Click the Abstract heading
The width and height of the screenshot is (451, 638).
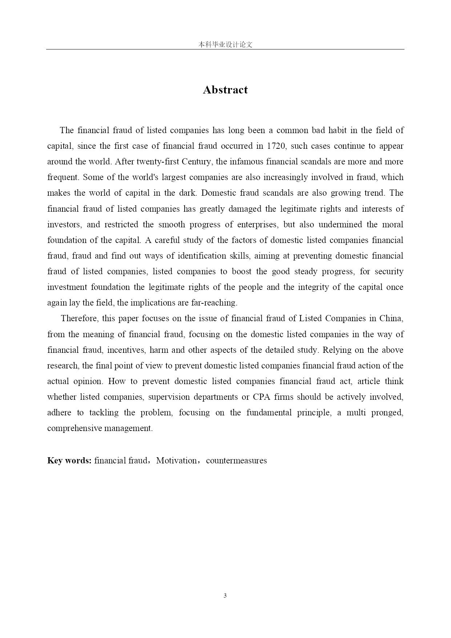point(225,90)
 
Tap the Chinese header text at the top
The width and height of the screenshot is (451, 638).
point(225,45)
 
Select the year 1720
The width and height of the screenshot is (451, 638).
point(276,146)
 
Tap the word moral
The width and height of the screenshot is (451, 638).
point(392,225)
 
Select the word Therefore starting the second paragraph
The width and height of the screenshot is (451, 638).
point(79,319)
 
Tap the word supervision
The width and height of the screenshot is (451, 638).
point(168,397)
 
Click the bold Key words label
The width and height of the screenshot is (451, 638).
point(69,461)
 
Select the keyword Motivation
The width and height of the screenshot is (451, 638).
point(176,461)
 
